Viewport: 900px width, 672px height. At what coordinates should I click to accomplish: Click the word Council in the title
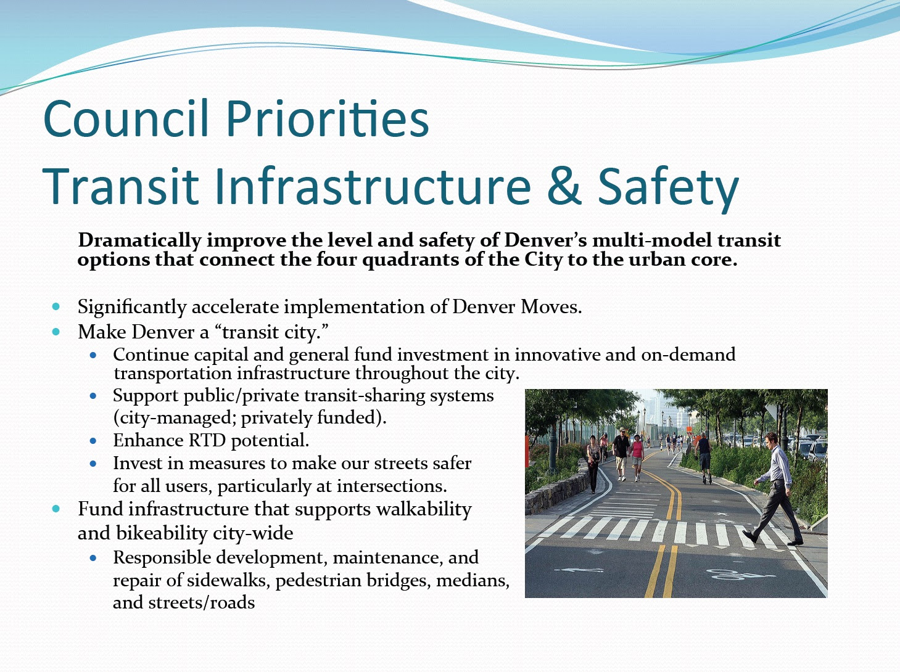tap(125, 118)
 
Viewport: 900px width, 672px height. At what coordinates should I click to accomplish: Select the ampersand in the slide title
tap(564, 186)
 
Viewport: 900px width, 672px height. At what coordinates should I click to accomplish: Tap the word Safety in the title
tap(668, 189)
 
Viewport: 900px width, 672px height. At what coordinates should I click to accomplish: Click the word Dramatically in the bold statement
tap(139, 240)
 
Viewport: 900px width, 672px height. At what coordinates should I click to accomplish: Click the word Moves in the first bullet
tap(551, 306)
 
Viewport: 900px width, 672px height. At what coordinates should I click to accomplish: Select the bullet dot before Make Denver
tap(56, 332)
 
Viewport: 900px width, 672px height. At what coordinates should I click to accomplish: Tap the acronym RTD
tap(207, 440)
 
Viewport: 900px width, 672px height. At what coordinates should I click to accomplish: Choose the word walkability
tap(424, 509)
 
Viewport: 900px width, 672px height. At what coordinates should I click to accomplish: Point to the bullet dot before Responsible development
tap(93, 558)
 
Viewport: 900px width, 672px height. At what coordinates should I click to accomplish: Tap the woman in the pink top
tap(637, 457)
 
